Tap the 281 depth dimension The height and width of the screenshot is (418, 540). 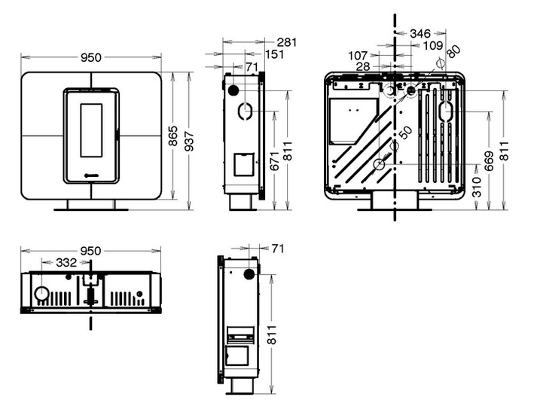[x=286, y=42]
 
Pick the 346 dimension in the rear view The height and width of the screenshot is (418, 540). [x=423, y=33]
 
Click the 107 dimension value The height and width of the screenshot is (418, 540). [x=361, y=56]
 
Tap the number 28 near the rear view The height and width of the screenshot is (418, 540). [x=363, y=68]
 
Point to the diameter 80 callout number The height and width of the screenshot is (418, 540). [x=452, y=52]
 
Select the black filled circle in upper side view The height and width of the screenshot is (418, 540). [x=234, y=90]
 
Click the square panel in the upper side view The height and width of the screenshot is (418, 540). [x=242, y=163]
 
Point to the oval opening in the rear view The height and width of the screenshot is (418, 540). [x=445, y=111]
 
